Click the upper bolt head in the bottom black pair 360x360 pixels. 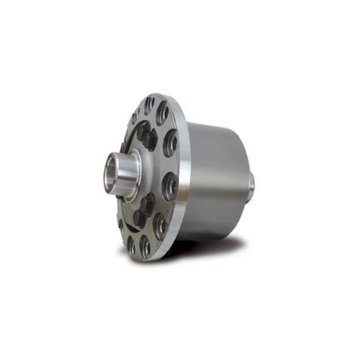147,201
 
